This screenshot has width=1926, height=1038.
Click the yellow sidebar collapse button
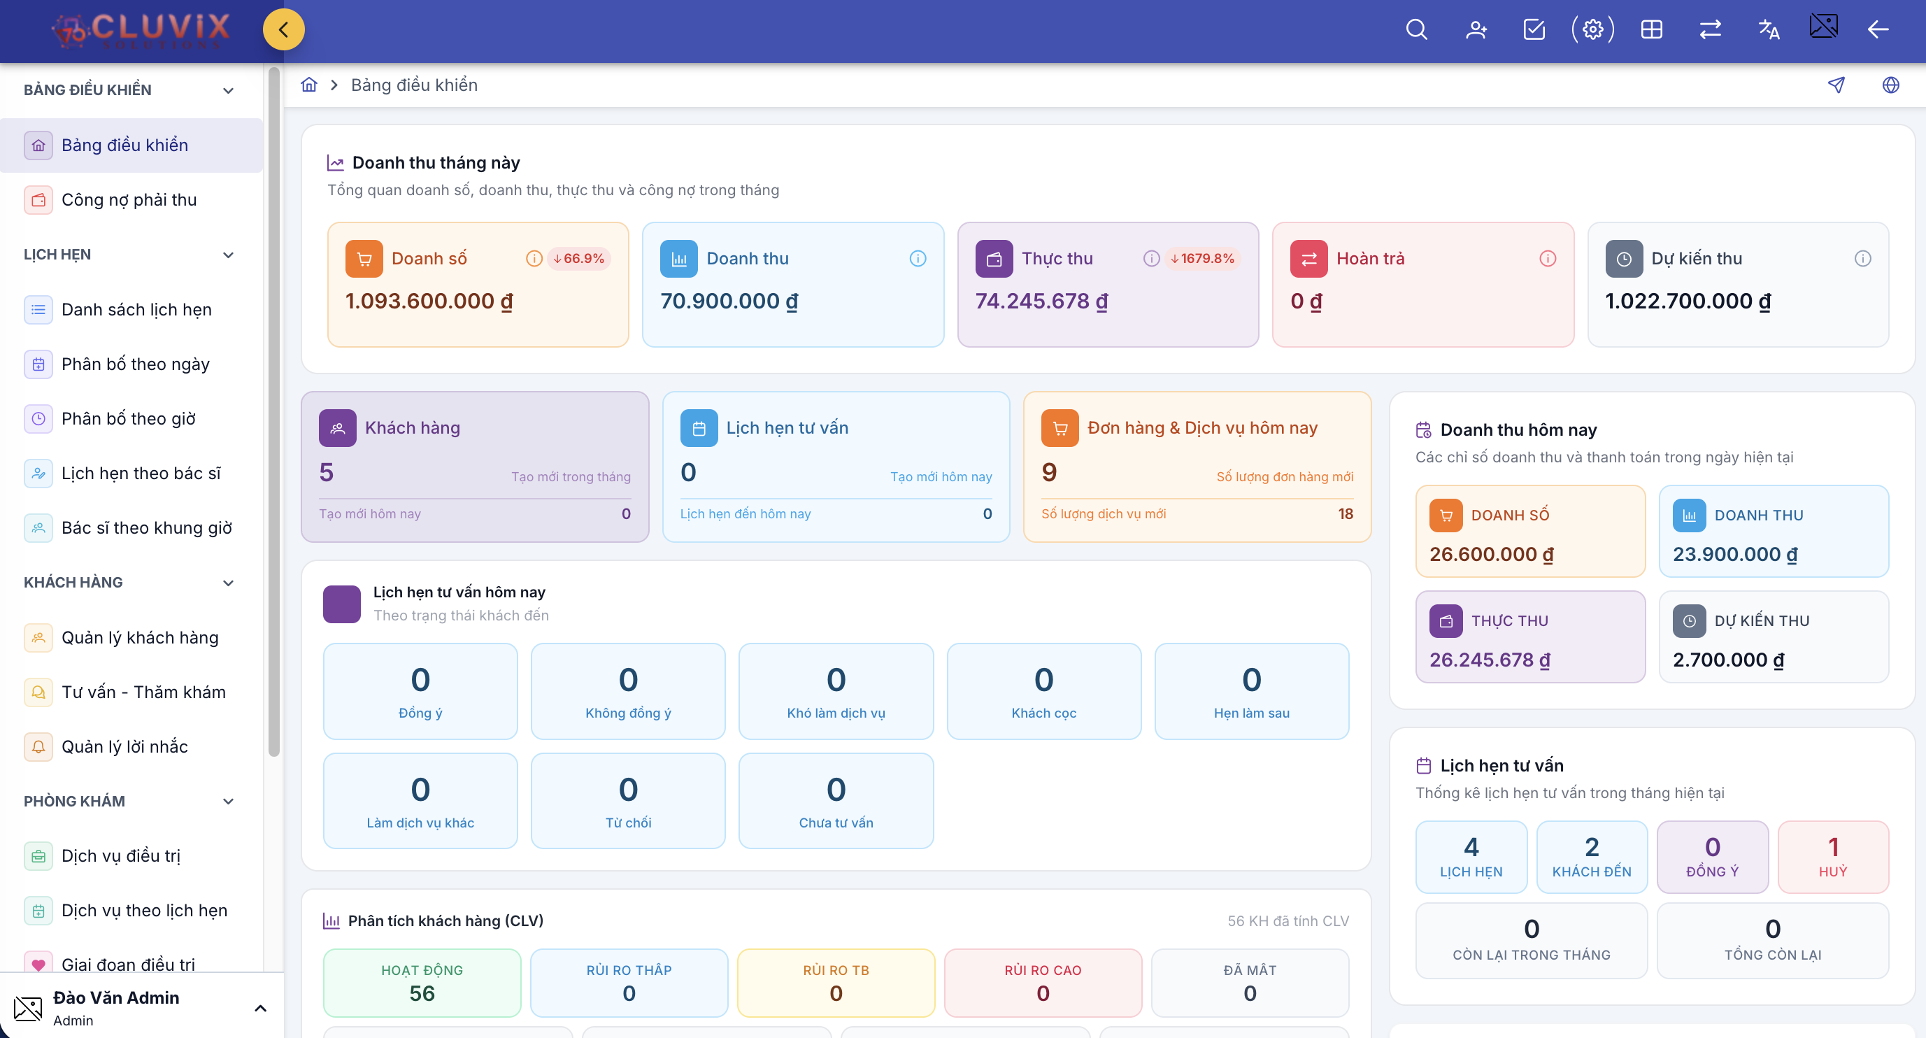[x=283, y=29]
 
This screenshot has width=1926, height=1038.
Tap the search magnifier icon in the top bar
[x=1416, y=29]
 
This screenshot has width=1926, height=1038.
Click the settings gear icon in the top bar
[x=1592, y=29]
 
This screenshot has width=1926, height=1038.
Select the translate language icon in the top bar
[x=1768, y=29]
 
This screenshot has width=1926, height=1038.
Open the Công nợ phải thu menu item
[x=129, y=199]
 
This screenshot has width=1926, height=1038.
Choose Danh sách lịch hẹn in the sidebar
[x=137, y=310]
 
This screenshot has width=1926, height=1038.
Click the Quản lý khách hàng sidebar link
[x=140, y=637]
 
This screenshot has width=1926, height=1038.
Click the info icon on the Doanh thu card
[x=918, y=258]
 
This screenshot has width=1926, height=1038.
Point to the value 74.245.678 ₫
[x=1041, y=301]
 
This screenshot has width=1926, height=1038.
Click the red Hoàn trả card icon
[x=1308, y=258]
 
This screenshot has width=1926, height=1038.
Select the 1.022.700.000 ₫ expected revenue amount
[x=1688, y=301]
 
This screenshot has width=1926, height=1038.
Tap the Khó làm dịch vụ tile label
[x=836, y=713]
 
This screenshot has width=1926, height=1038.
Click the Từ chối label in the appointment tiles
[x=628, y=823]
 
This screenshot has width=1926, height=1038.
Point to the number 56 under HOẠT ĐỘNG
[x=422, y=993]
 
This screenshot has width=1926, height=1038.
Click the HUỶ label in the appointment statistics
[x=1832, y=872]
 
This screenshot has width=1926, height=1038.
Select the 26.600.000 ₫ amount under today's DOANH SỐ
[x=1491, y=554]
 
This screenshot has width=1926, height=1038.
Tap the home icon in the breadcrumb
[x=309, y=85]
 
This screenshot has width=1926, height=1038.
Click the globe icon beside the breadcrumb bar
[x=1890, y=85]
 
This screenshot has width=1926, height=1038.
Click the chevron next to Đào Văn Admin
[x=260, y=1008]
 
